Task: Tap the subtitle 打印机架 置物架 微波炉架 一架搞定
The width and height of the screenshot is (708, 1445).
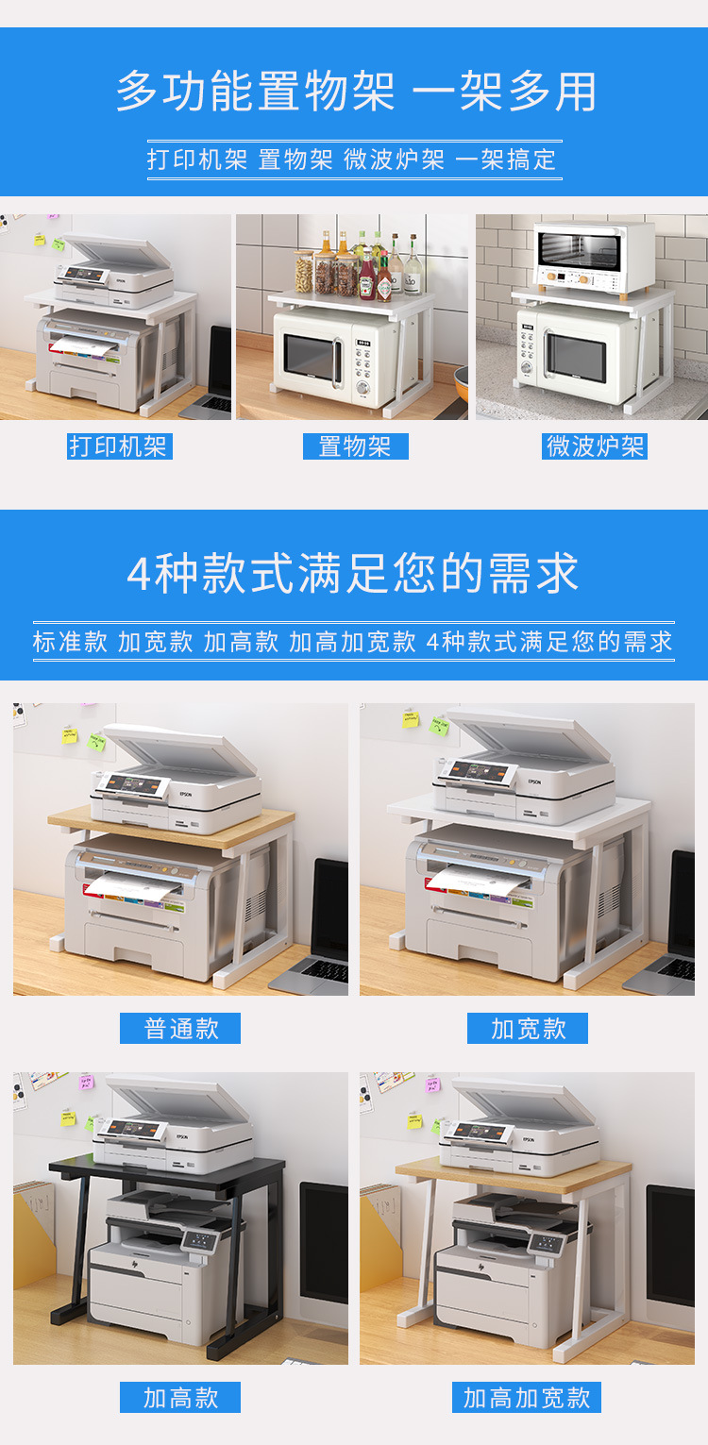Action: [353, 160]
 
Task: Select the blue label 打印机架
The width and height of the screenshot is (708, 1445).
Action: [119, 446]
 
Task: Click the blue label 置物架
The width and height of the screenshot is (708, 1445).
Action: [355, 446]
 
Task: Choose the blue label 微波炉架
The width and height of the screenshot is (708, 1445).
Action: [595, 446]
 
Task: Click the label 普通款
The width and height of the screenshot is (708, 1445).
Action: [180, 1028]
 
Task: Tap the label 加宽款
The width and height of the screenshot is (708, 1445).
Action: [527, 1028]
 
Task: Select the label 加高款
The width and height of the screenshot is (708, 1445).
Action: [180, 1398]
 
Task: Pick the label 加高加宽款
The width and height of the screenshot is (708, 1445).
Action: [527, 1398]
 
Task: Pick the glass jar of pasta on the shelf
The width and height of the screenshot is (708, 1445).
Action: [304, 273]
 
